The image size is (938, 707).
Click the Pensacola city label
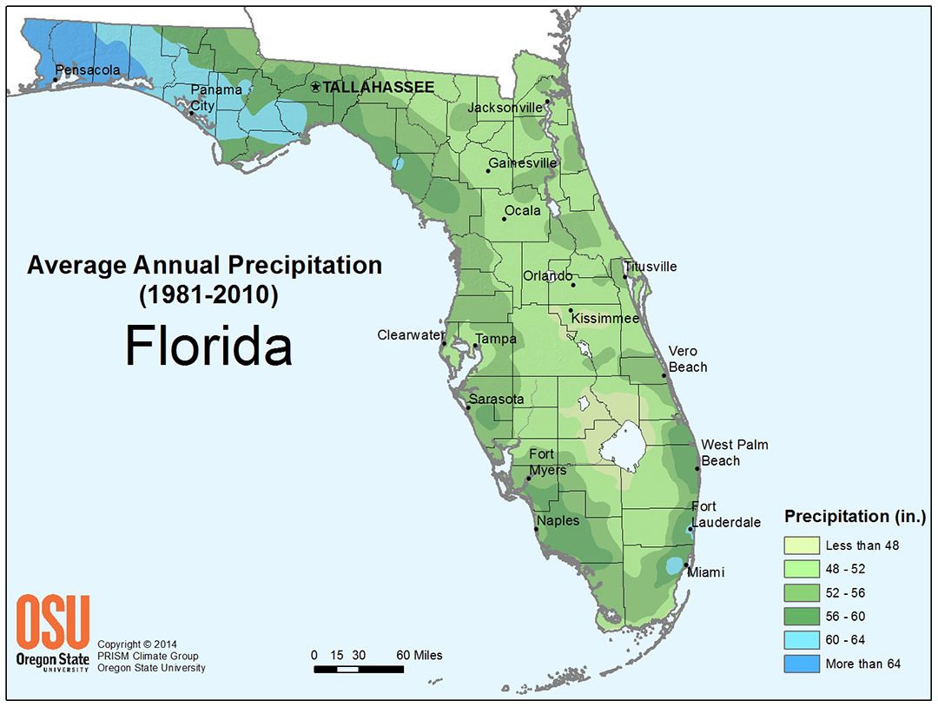[x=88, y=69]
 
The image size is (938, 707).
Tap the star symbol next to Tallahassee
[x=315, y=87]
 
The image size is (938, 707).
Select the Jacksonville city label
[x=505, y=108]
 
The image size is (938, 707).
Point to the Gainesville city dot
[x=488, y=171]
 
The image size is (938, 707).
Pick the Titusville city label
[x=650, y=267]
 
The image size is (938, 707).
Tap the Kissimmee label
[x=604, y=319]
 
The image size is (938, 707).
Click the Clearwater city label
[x=410, y=334]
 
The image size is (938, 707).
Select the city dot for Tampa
[x=475, y=347]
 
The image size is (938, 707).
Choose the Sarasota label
[x=496, y=400]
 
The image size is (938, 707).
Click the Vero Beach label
[x=687, y=359]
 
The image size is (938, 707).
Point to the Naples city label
[x=558, y=521]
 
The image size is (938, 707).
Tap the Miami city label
[x=705, y=572]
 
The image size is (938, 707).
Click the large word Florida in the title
[x=208, y=345]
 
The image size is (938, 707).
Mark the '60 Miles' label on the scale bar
[x=419, y=655]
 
